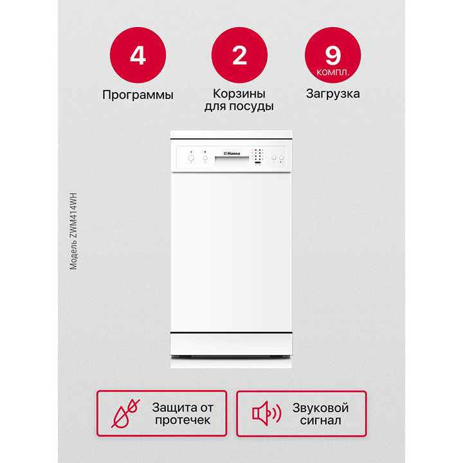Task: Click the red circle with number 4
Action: coord(138,55)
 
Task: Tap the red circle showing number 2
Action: coord(239,55)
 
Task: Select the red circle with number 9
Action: coord(332,55)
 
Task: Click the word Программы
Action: coord(138,95)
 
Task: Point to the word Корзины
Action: coord(239,94)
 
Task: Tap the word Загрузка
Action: coord(332,94)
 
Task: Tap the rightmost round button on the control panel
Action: coord(281,158)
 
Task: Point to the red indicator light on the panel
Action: coord(191,151)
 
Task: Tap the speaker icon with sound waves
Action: coord(266,413)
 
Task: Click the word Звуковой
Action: coord(320,408)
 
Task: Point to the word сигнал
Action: coord(320,421)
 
